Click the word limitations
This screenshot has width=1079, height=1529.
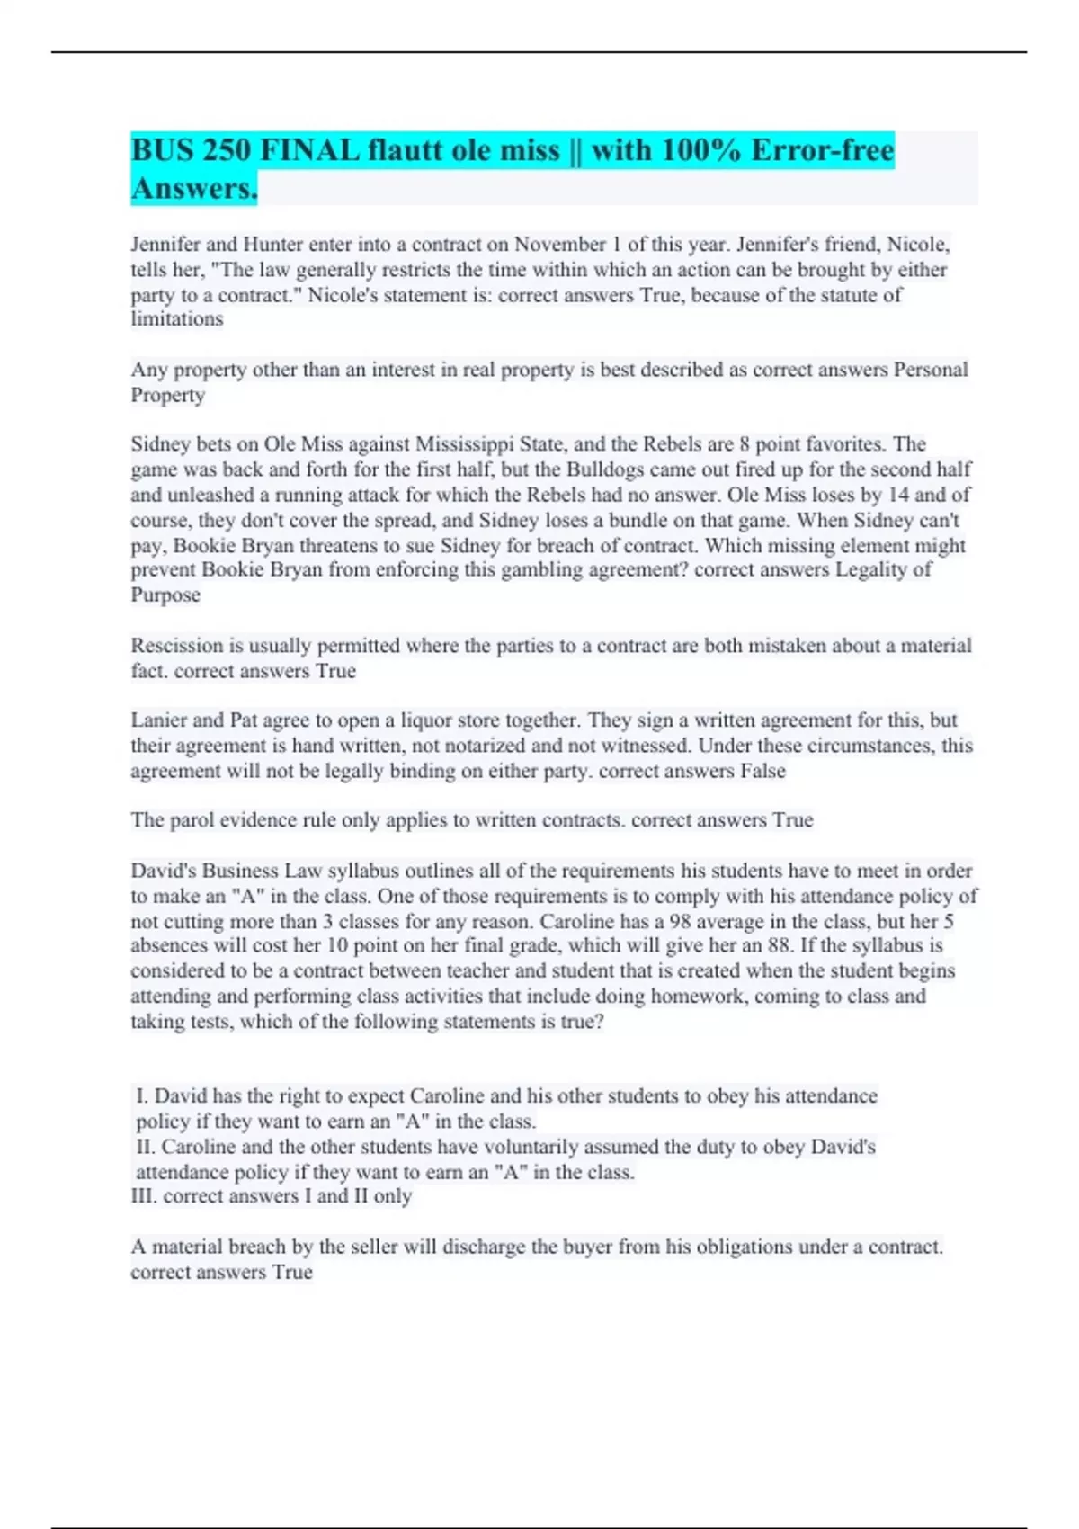(177, 319)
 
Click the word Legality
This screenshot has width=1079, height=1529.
(871, 570)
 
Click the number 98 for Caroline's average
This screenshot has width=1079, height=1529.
(682, 922)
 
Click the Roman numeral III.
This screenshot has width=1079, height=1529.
(143, 1196)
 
